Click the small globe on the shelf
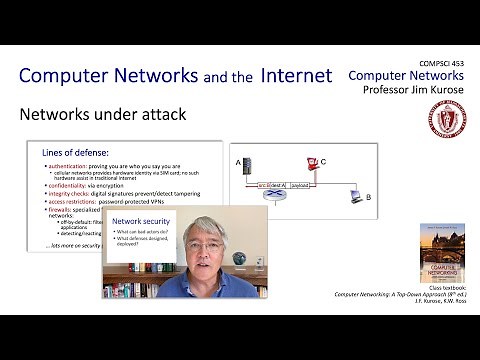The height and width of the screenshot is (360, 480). click(x=238, y=258)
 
